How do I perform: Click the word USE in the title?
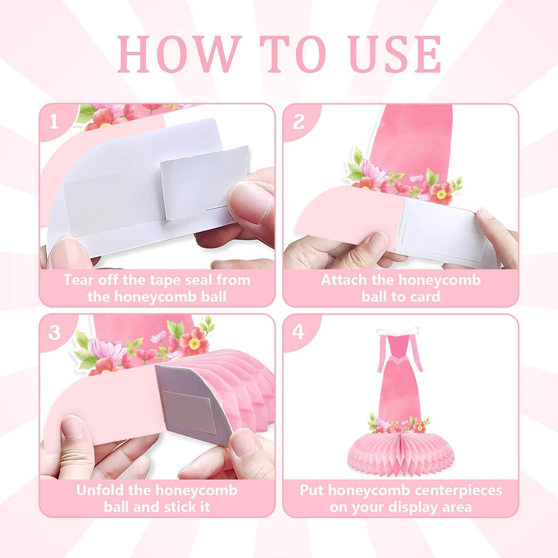click(396, 54)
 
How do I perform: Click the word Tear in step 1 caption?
click(78, 280)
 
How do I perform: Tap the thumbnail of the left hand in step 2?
click(377, 242)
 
